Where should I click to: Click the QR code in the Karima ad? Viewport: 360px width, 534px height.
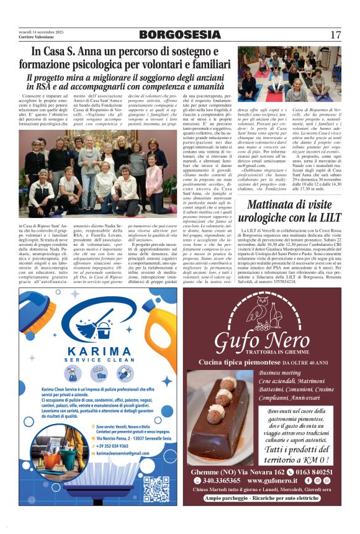[x=156, y=489]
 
